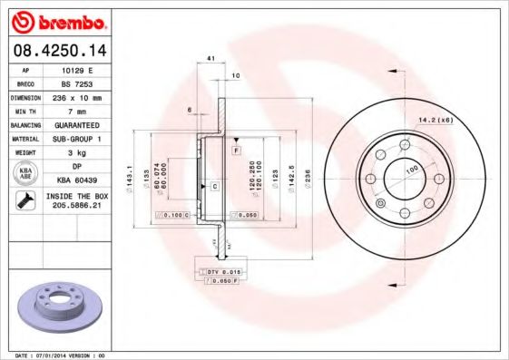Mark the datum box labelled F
[236, 148]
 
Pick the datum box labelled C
[214, 186]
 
